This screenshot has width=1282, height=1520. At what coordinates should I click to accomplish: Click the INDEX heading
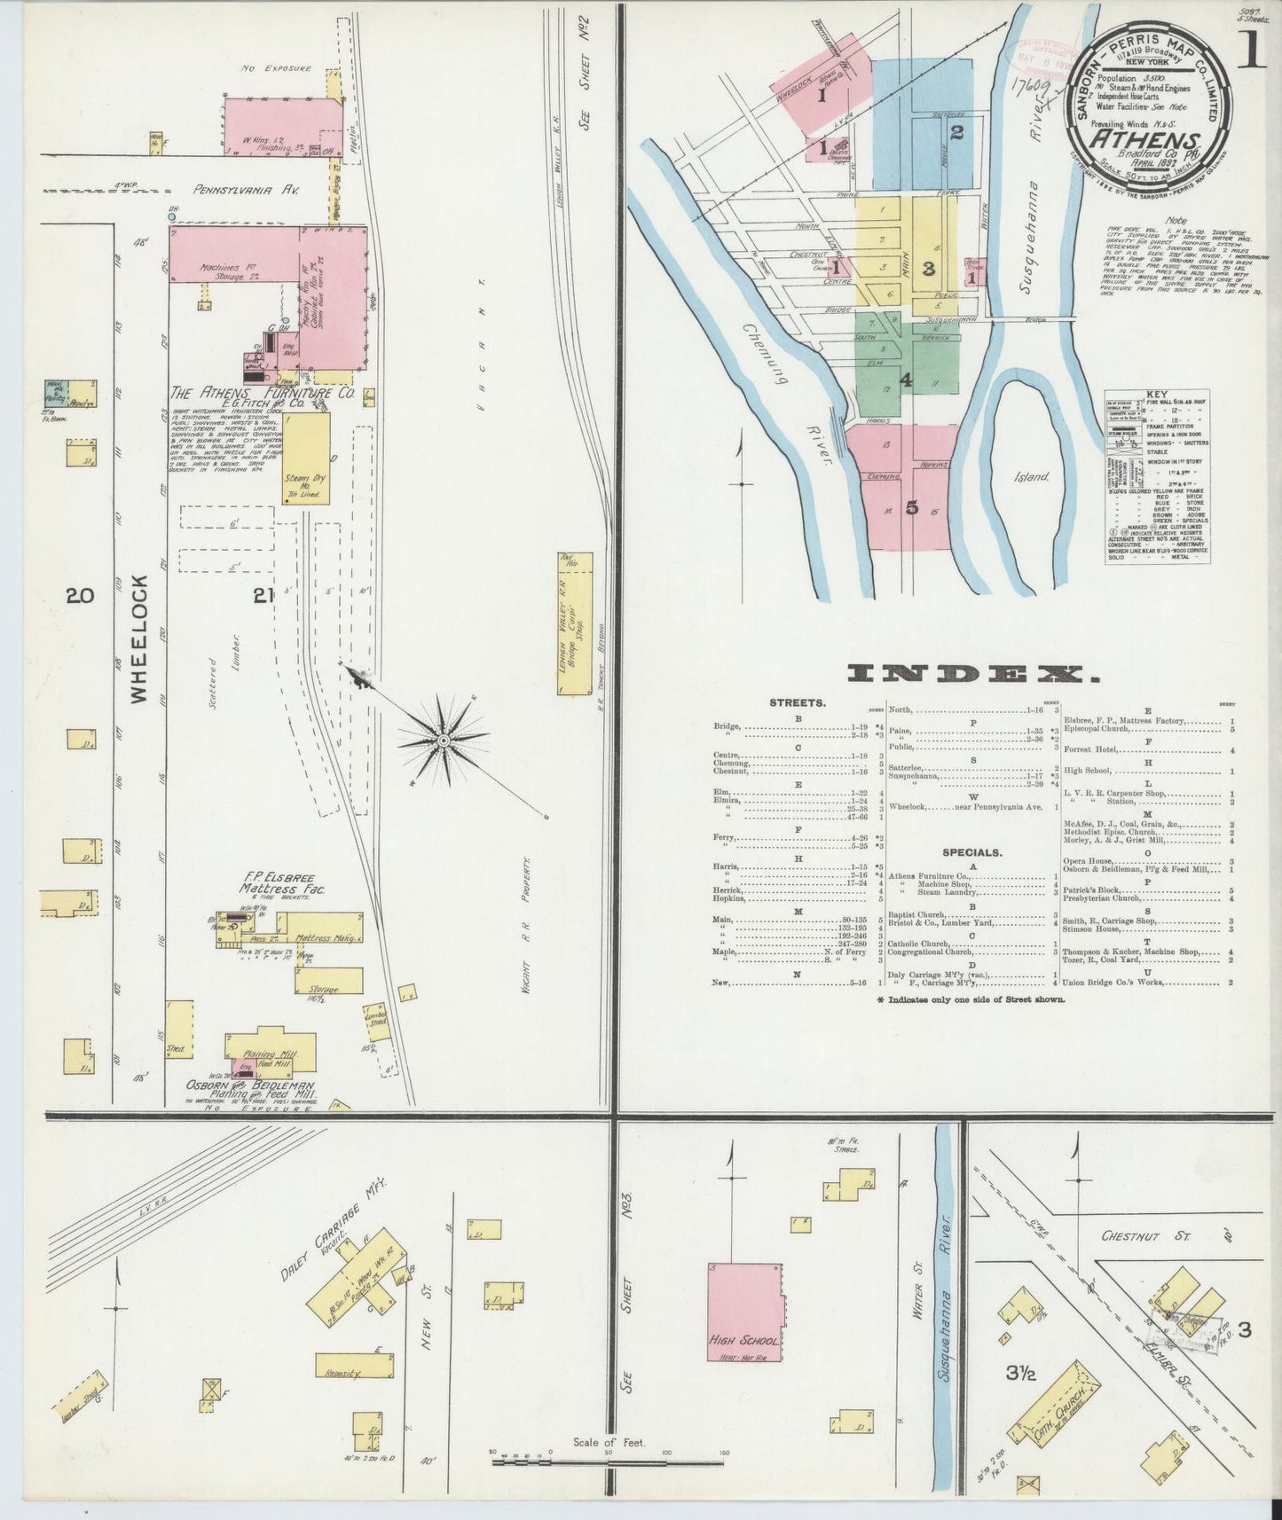[x=972, y=675]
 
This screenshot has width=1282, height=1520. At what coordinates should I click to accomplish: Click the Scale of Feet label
[x=609, y=1442]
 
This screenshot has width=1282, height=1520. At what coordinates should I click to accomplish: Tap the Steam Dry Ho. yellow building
[x=306, y=458]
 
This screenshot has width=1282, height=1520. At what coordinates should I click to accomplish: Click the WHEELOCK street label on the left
[x=139, y=639]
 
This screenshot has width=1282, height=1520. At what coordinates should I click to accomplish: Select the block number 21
[x=262, y=597]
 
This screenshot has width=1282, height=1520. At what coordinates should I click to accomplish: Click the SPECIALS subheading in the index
[x=971, y=852]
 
